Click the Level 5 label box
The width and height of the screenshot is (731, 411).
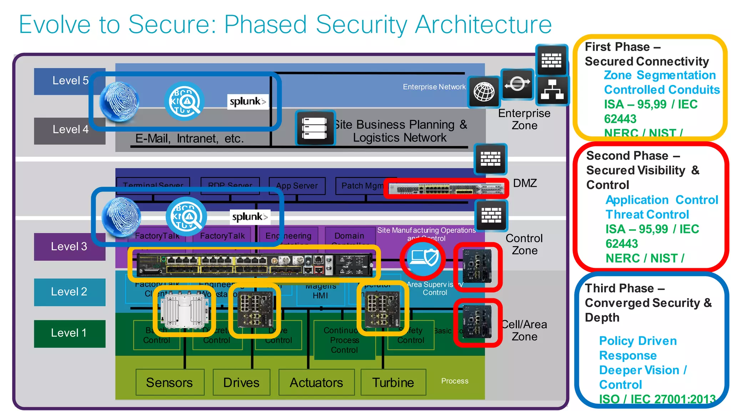pos(70,81)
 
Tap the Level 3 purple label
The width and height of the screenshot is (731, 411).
pos(69,247)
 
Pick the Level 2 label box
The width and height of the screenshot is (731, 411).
pos(69,292)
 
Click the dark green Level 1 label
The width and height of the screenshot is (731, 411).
pos(69,333)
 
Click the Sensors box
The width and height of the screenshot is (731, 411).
pos(170,382)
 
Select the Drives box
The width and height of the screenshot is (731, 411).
pos(241,382)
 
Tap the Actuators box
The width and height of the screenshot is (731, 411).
pos(316,382)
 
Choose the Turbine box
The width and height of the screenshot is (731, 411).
pos(393,382)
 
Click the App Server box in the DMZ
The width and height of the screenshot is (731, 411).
pos(297,186)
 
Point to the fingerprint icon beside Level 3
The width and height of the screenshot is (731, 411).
pos(121,217)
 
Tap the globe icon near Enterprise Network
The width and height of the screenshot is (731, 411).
pos(484,92)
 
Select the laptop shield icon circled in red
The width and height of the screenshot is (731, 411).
pos(423,258)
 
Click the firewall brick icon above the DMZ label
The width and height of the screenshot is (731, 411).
pos(490,159)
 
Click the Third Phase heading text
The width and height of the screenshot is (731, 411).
pos(624,288)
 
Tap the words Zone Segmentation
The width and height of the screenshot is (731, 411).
pos(660,75)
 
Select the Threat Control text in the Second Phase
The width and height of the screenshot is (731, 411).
pos(647,215)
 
